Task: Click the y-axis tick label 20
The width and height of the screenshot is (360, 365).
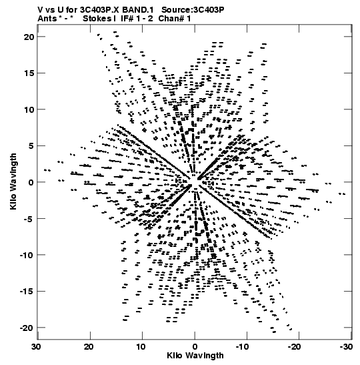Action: (29, 37)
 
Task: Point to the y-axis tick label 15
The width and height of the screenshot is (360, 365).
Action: (29, 73)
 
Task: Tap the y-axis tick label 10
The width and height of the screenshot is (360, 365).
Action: (29, 109)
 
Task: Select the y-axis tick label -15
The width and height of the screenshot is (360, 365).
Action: (27, 291)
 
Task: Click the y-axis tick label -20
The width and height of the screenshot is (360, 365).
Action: (27, 328)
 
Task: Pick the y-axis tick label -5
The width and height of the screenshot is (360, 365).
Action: (29, 219)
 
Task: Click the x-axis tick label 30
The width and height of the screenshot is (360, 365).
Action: (37, 347)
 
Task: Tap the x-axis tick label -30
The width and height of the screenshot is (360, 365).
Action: (346, 347)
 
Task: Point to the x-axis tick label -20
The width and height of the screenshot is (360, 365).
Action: (295, 347)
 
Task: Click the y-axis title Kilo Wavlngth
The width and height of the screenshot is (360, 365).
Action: (13, 181)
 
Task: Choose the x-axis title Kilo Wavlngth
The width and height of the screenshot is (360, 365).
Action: (195, 356)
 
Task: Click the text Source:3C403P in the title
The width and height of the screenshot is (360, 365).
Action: (193, 10)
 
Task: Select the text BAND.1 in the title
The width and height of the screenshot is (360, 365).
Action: (138, 10)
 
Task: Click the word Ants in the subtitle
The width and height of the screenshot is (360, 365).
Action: (47, 19)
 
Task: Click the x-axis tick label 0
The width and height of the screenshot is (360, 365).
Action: (195, 347)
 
